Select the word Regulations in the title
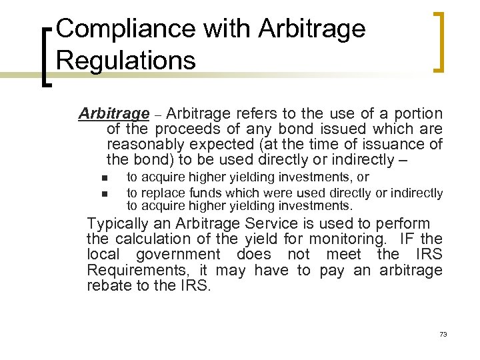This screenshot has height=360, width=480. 126,59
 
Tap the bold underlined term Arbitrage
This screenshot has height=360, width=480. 113,113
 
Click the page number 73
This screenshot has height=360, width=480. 443,333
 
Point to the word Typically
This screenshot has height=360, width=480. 118,223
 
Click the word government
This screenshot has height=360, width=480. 177,254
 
